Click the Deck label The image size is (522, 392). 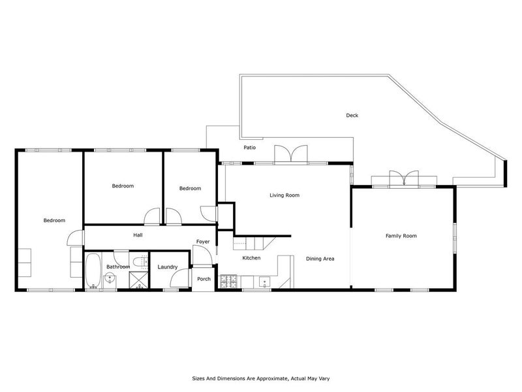[x=352, y=116]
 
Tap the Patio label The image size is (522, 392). [x=249, y=148]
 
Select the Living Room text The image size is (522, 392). [x=284, y=195]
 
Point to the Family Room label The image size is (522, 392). [x=401, y=236]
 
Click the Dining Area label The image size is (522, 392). [x=320, y=259]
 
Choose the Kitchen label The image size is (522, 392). [x=251, y=258]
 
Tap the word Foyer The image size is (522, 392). [x=203, y=242]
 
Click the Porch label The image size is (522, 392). [x=204, y=279]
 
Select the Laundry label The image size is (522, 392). [x=168, y=267]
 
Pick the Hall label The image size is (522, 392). [x=138, y=235]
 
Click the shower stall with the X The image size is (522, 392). [x=138, y=280]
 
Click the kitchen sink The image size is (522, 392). [x=264, y=282]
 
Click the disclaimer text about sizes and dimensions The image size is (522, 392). [x=261, y=378]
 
